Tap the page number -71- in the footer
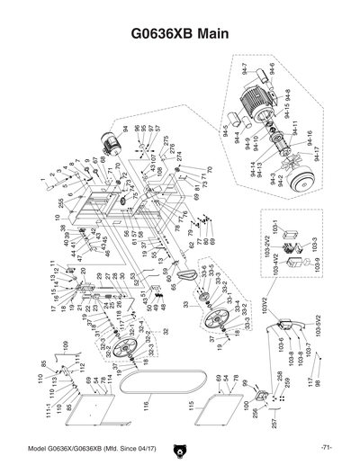coord(326,447)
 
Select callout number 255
coord(59,202)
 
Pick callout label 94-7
coord(244,68)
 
